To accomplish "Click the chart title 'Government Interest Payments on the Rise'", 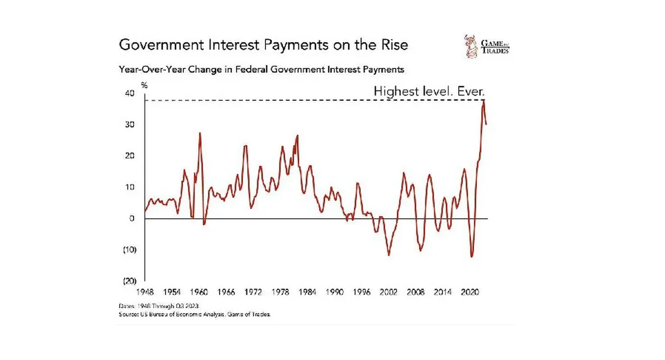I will tap(263, 45).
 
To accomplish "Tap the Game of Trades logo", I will tap(486, 45).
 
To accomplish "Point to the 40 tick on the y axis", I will tap(129, 94).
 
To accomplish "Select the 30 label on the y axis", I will tap(129, 125).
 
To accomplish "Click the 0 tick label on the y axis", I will tap(132, 218).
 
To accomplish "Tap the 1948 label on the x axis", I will tap(144, 292).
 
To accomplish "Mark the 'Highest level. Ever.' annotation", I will tap(429, 92).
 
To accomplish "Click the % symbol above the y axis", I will tap(144, 84).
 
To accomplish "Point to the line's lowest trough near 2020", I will tap(472, 257).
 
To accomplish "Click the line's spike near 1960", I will tap(200, 134).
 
